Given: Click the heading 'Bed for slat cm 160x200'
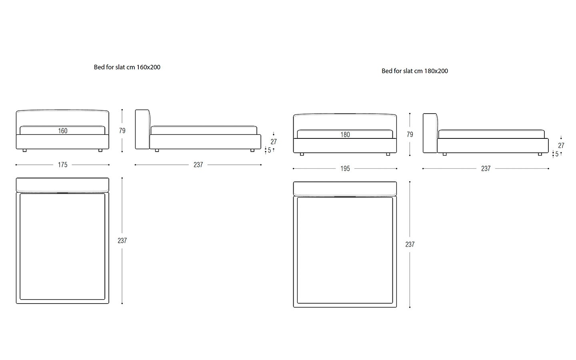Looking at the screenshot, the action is [x=127, y=67].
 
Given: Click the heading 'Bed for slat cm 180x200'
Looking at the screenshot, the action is [x=415, y=71].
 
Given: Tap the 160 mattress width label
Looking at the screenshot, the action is [x=63, y=131].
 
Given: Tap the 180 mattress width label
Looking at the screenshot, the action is [x=345, y=135].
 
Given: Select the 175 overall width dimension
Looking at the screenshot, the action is [x=62, y=165].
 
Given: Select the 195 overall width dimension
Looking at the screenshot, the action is [x=345, y=169].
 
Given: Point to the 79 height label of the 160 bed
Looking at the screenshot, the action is [x=122, y=131].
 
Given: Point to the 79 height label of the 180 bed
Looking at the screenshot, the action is [x=410, y=134].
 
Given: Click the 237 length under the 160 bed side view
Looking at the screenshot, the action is [x=198, y=165].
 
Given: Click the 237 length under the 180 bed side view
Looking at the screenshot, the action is [x=486, y=169].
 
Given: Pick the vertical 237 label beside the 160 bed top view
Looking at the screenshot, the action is [x=122, y=241].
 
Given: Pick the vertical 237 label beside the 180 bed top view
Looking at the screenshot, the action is [x=410, y=244].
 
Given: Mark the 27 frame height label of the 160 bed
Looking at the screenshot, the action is [x=274, y=142].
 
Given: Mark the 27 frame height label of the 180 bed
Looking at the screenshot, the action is [x=561, y=146].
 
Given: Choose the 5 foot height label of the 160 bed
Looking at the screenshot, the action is [x=269, y=150].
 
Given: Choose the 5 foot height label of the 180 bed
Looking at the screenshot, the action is [x=557, y=154].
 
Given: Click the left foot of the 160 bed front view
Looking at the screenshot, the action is [x=25, y=150].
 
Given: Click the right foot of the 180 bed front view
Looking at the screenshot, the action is [x=388, y=154].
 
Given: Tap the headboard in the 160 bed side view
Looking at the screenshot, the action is [x=142, y=129].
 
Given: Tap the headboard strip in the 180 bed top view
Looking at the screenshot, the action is [x=345, y=189].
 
